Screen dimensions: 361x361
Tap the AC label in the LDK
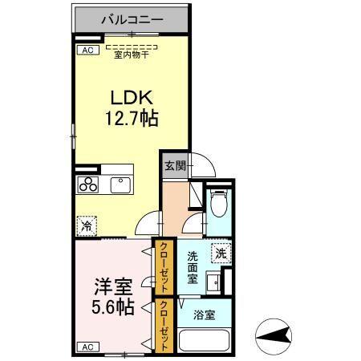click(84, 50)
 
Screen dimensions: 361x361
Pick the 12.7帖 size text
click(132, 119)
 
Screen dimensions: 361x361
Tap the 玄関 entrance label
click(175, 167)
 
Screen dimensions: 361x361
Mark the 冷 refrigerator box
click(87, 226)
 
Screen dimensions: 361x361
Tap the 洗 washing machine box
click(221, 253)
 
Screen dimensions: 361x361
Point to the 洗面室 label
click(193, 268)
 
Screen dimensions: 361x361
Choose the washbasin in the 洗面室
click(214, 282)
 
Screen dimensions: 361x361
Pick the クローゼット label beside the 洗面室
click(163, 268)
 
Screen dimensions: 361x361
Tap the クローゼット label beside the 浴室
click(163, 326)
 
